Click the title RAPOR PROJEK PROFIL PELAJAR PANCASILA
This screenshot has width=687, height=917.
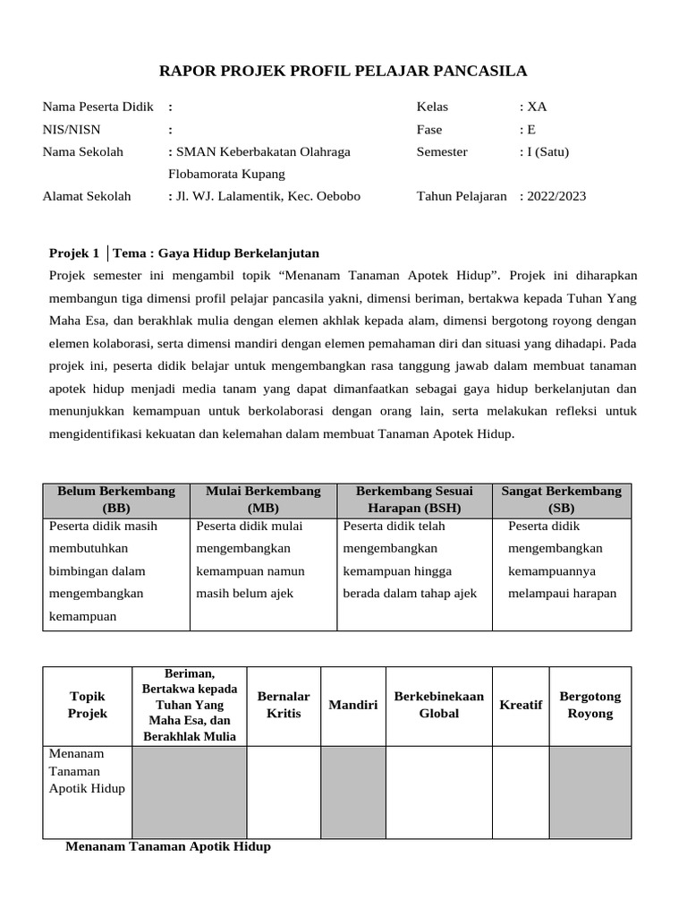pos(343,71)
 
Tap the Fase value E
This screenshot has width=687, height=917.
pos(530,129)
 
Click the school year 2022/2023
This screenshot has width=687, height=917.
pos(556,196)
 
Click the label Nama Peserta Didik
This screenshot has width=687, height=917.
pos(98,107)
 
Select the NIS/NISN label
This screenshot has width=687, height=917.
pos(72,129)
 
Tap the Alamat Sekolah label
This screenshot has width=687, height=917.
pos(87,196)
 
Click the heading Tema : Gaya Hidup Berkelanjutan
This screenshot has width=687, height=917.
pos(216,253)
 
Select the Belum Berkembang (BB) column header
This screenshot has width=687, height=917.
pos(116,500)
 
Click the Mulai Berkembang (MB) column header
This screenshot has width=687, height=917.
pos(263,500)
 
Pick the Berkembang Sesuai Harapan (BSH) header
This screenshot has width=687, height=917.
pos(414,500)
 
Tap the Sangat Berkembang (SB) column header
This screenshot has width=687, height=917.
pos(562,500)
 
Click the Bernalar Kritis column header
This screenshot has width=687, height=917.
pos(284,705)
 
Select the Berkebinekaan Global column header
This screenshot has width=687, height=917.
pos(438,705)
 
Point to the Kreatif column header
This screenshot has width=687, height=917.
pos(521,705)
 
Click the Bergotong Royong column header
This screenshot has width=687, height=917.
pos(589,705)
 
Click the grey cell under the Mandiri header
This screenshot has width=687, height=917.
pos(353,793)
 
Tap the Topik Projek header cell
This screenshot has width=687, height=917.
pos(88,705)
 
